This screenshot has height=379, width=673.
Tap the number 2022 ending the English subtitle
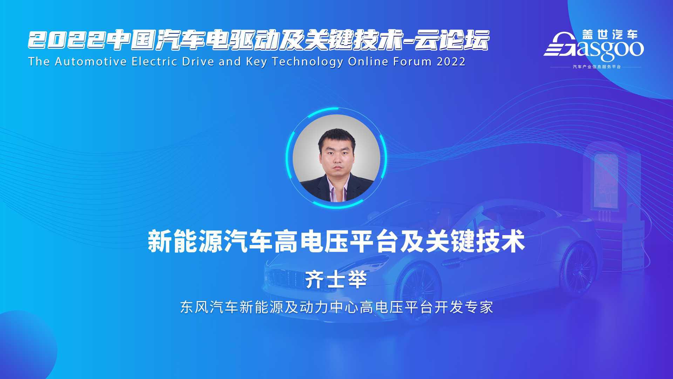451,62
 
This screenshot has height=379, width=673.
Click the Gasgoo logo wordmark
594,48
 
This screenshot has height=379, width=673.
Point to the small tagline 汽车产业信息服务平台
597,67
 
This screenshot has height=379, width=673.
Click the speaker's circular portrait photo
336,158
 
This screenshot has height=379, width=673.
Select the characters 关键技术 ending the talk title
475,241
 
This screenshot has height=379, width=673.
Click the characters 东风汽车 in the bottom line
210,307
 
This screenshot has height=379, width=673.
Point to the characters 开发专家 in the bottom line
464,307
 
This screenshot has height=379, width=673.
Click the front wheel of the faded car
420,290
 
